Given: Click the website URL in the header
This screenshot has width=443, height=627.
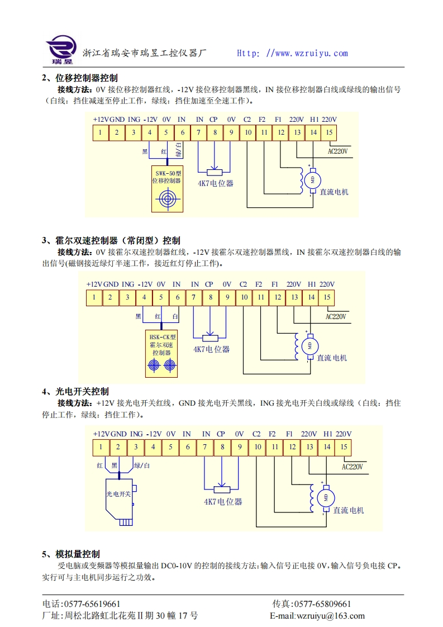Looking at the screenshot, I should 292,54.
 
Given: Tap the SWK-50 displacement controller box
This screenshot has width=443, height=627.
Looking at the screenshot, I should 167,189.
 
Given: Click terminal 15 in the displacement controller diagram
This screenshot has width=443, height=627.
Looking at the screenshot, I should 330,132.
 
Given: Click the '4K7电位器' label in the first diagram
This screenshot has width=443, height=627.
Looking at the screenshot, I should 215,183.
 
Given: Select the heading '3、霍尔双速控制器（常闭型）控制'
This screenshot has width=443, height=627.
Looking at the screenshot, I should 111,241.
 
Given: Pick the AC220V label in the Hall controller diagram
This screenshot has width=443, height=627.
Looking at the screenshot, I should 336,316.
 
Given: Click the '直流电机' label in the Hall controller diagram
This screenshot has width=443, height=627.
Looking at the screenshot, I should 332,358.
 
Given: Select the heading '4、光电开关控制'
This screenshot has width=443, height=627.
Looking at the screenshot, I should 75,391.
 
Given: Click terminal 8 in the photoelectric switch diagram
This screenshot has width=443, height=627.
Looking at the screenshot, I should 222,447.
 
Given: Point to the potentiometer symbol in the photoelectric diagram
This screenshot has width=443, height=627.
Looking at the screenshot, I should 222,486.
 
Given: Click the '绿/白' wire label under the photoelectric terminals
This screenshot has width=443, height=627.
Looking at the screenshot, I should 142,465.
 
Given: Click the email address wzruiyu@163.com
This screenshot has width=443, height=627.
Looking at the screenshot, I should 317,616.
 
